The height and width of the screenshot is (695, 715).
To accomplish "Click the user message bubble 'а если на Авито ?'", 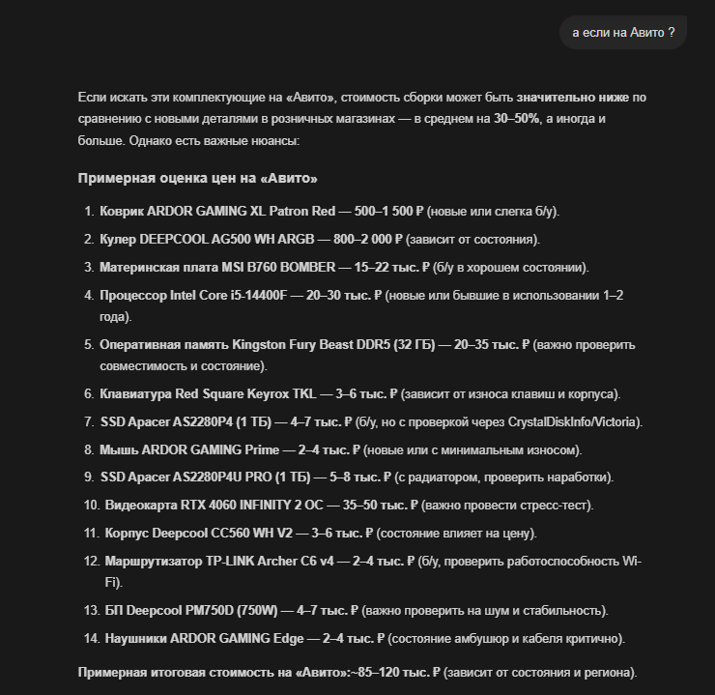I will (x=622, y=32).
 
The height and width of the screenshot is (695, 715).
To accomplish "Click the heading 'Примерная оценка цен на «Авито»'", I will (x=197, y=179).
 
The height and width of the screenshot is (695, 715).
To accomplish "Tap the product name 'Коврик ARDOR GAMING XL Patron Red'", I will (x=217, y=211).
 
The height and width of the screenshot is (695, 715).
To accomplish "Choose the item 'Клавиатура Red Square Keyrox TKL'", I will (x=209, y=393).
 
